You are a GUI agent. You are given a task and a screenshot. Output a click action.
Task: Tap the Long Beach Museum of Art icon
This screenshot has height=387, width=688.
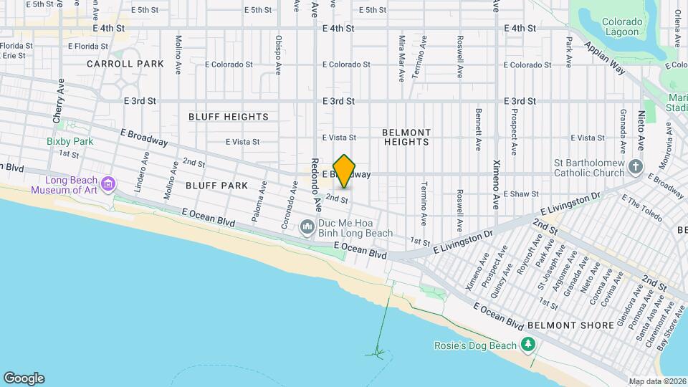click(108, 185)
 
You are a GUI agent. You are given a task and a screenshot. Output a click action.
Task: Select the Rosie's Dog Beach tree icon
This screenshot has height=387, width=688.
click(529, 345)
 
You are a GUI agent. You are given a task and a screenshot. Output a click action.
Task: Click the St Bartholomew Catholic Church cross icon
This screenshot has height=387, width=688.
click(635, 168)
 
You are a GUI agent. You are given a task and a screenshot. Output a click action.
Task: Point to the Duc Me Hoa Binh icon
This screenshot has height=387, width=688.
click(307, 228)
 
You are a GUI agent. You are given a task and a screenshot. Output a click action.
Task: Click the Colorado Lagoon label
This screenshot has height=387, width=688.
click(622, 27)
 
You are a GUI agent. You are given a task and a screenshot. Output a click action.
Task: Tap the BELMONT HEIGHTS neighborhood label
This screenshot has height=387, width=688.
click(406, 137)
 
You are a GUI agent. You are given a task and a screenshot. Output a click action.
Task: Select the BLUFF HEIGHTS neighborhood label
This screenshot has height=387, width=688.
click(229, 117)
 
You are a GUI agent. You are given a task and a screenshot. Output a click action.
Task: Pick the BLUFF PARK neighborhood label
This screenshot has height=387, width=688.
click(216, 186)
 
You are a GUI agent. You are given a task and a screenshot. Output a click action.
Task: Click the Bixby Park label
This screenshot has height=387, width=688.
click(70, 141)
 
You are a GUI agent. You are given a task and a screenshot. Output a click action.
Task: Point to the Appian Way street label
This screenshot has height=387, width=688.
click(605, 57)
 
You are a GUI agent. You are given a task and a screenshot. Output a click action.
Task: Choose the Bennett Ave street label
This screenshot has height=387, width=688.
click(478, 130)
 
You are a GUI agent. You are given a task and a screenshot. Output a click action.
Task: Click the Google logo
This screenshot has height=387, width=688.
click(24, 378)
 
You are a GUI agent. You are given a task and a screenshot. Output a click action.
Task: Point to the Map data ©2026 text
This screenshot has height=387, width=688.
click(656, 381)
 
